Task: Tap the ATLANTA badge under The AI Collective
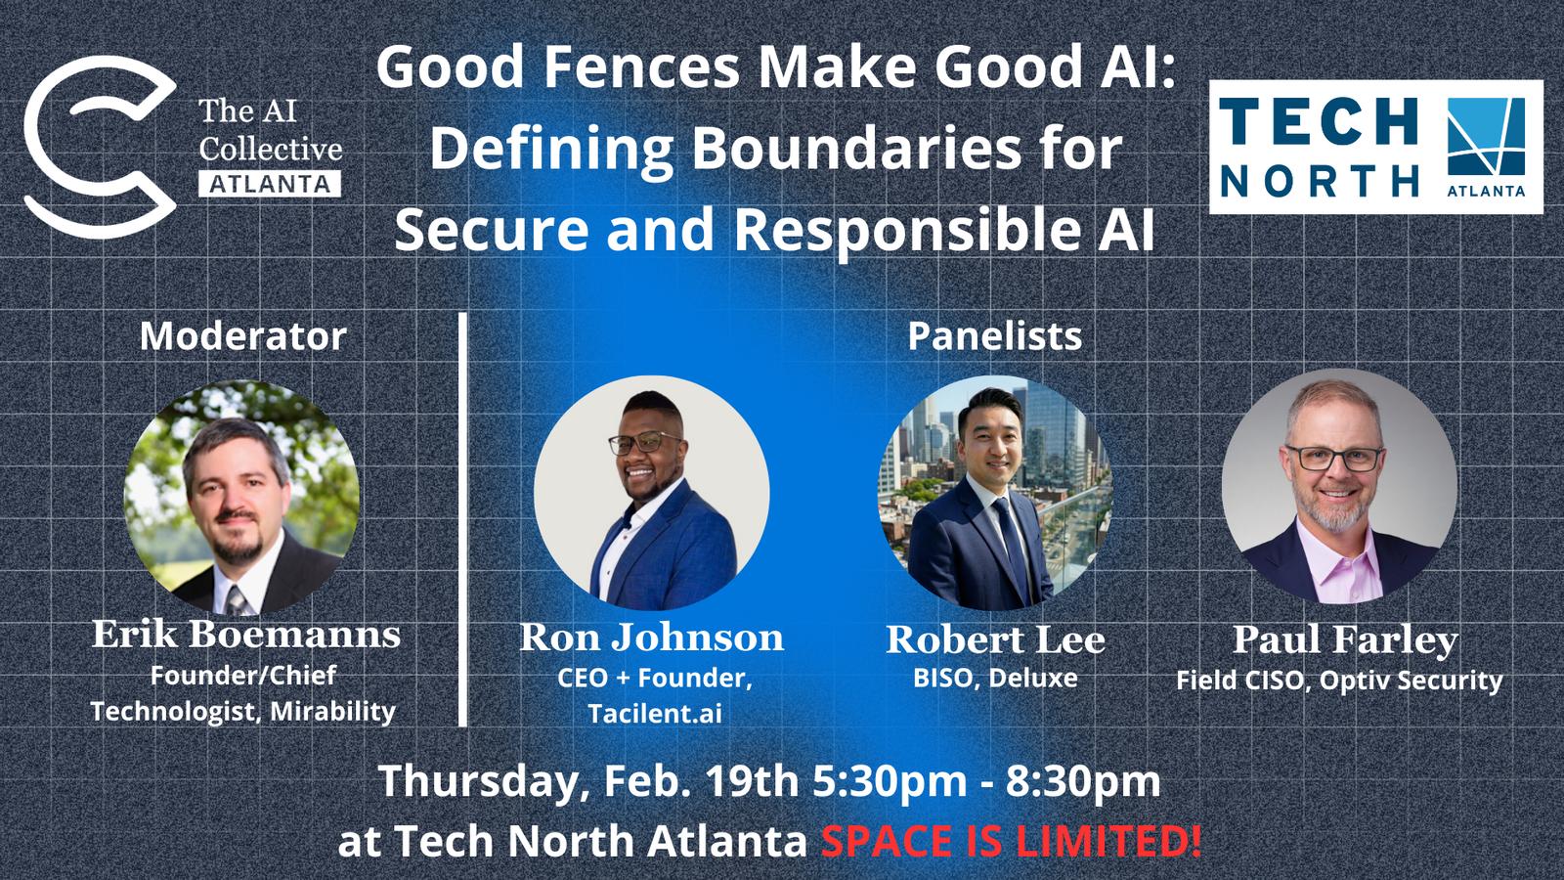270,185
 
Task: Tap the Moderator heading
243,336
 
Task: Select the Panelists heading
994,336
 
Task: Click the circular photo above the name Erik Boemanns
241,498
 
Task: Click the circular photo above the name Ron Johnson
652,493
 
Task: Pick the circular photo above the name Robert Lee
996,493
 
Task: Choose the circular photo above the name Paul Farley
1339,487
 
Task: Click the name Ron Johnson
651,638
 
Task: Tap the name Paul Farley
1345,640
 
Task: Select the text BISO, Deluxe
995,679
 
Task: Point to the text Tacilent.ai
655,714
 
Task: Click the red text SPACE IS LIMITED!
1011,841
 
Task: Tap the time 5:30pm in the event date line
890,782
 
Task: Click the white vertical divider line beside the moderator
462,519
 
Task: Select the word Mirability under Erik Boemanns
332,712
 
